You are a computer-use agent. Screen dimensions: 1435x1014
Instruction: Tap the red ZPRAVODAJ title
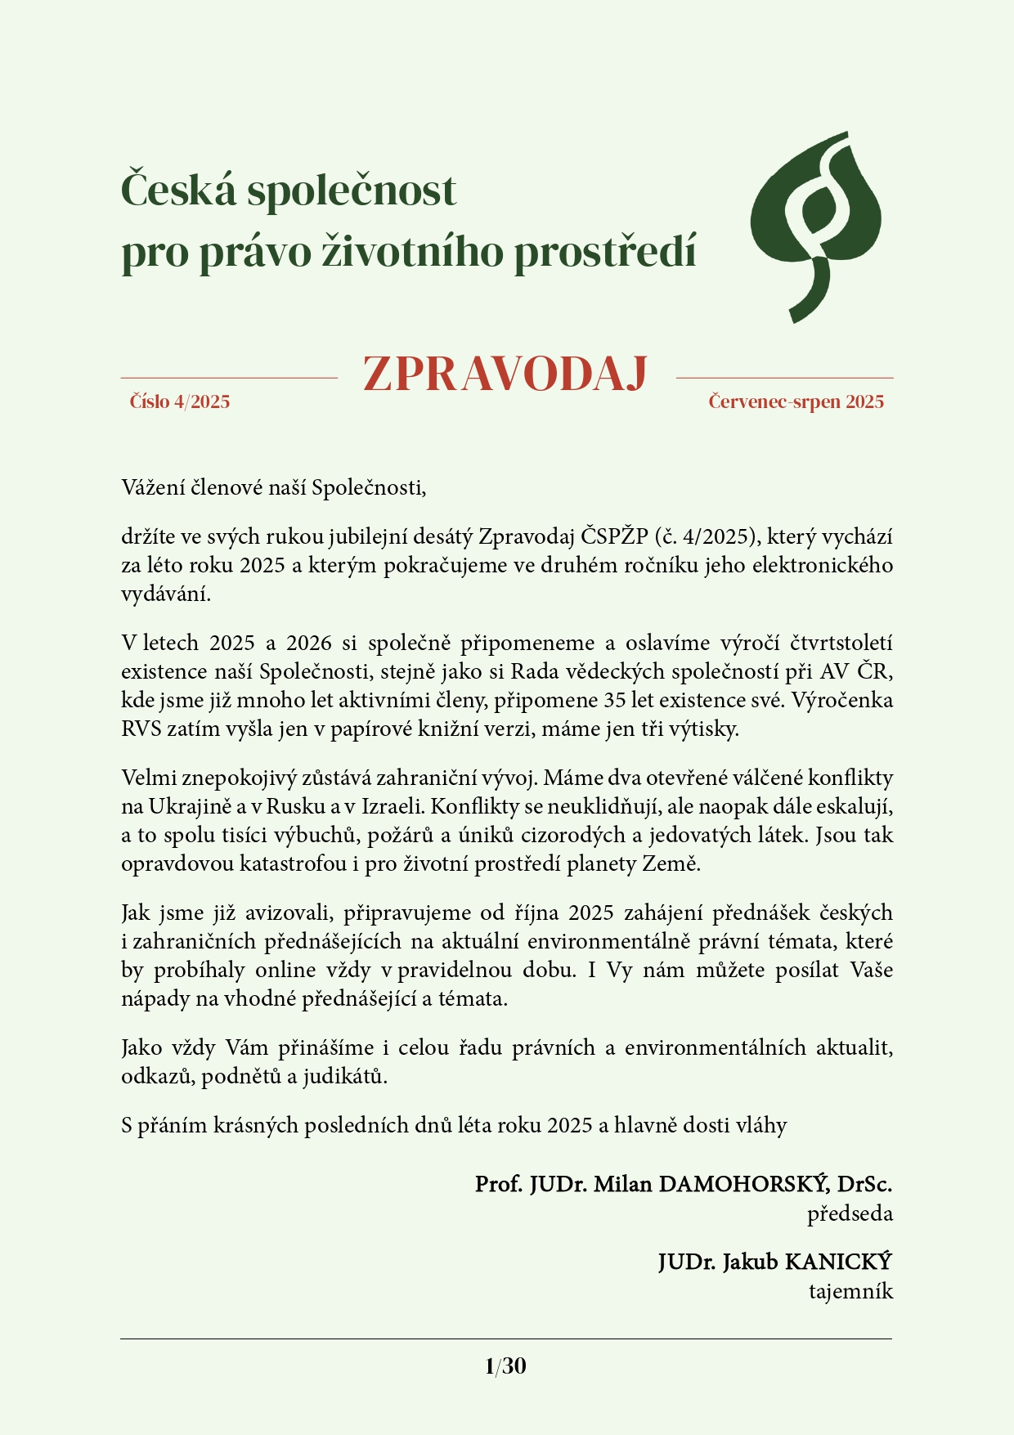(505, 375)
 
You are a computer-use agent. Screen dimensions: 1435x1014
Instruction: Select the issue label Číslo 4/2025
(180, 401)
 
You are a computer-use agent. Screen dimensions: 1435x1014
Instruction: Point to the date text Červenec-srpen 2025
(796, 401)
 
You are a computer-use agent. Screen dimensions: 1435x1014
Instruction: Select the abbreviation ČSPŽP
(614, 537)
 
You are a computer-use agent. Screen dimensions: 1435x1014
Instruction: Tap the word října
(538, 913)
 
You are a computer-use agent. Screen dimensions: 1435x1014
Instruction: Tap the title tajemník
(850, 1292)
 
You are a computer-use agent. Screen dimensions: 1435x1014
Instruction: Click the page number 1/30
(505, 1366)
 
